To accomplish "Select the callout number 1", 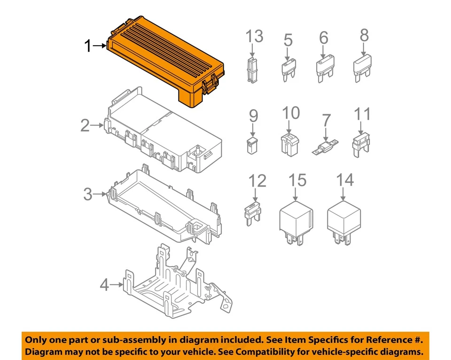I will click(x=87, y=46).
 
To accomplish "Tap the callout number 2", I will click(x=85, y=125).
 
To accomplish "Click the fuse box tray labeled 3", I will click(x=164, y=207).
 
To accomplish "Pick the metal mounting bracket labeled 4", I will click(x=169, y=282).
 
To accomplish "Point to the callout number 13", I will click(x=254, y=36).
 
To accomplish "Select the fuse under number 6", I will click(x=324, y=69).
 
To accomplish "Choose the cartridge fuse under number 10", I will click(x=289, y=144).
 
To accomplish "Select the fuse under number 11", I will click(x=361, y=144).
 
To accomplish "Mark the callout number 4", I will click(x=104, y=285).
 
